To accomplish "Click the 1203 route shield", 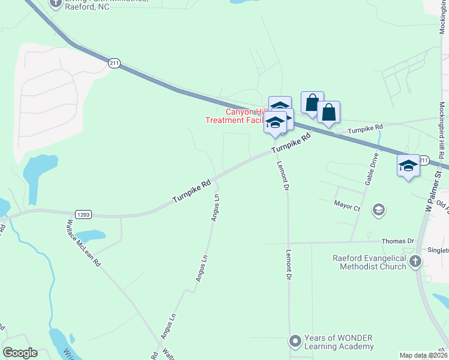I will [x=83, y=214].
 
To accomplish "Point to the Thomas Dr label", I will [x=398, y=241].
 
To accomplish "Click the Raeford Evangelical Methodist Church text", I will [x=369, y=262].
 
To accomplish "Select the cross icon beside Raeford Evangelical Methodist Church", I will [x=415, y=262].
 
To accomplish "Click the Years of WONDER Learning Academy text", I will [x=339, y=342].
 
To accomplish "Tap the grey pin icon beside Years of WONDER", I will [x=295, y=341].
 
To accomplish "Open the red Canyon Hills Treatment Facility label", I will [x=237, y=116].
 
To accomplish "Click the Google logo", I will [x=20, y=353].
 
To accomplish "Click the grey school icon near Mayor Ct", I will [x=378, y=209].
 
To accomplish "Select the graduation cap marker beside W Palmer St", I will [x=408, y=166].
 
